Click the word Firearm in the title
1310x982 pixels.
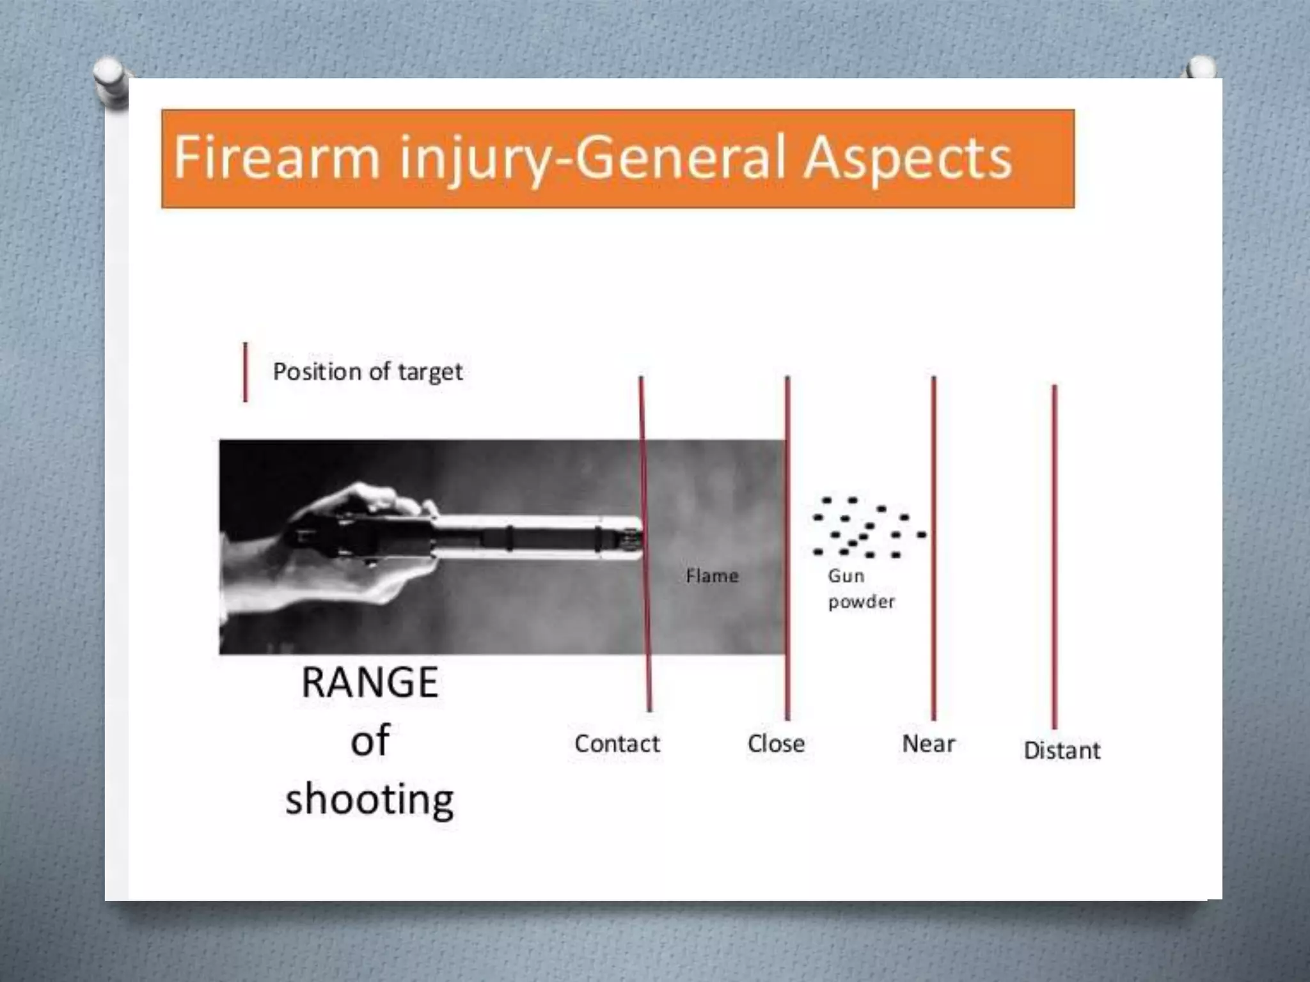(x=276, y=157)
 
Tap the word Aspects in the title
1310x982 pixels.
(x=907, y=157)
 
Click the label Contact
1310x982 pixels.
(x=617, y=744)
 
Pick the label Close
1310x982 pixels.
(x=776, y=744)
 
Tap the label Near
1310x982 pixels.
(x=928, y=744)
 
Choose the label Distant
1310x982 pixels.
(x=1062, y=750)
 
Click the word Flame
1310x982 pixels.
(x=712, y=576)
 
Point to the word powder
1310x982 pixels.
(x=861, y=602)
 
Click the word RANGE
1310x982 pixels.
(x=370, y=683)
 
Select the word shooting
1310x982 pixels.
(x=370, y=800)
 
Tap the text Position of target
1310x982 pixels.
(x=368, y=371)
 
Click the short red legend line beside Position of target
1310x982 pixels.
(x=246, y=372)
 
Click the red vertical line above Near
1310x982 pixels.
(x=934, y=543)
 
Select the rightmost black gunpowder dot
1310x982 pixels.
(x=921, y=534)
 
